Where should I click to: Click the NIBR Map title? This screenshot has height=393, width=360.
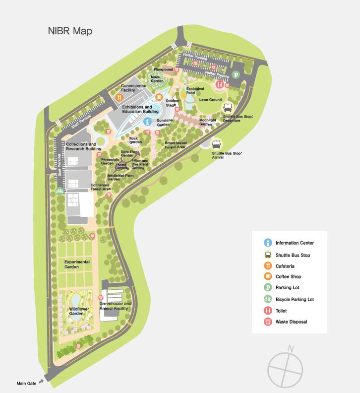70,31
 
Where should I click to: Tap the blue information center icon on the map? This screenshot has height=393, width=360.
147,121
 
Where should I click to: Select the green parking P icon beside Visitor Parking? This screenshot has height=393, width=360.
237,75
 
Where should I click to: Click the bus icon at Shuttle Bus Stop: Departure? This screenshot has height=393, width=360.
228,108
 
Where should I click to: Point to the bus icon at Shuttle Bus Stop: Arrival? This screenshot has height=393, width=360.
217,144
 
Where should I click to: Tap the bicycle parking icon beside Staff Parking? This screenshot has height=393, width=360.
60,191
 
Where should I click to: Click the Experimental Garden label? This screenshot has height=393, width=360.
77,264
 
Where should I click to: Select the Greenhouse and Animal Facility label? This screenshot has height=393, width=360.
115,306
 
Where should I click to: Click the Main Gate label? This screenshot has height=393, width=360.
26,383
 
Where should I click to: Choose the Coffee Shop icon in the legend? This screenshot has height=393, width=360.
268,276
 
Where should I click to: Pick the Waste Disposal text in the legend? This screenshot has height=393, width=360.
291,322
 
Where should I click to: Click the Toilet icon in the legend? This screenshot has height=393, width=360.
268,311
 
